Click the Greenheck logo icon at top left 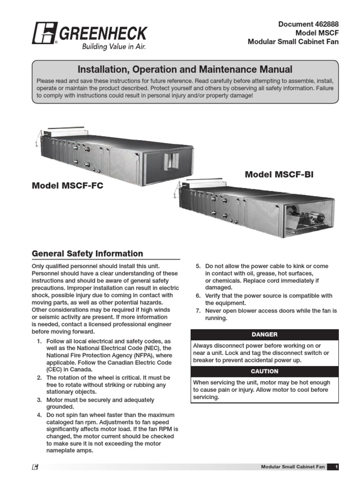pos(44,33)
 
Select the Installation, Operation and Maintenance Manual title pos(185,69)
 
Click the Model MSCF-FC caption pos(67,186)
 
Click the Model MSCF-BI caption pos(279,174)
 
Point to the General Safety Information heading pos(87,254)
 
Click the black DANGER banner pos(264,334)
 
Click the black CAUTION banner pos(264,371)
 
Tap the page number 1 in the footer pos(336,467)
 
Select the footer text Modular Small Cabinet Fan pos(292,467)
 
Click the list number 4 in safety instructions pos(39,415)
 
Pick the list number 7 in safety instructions pos(198,311)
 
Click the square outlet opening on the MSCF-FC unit pos(171,161)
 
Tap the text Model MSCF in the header pos(317,33)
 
